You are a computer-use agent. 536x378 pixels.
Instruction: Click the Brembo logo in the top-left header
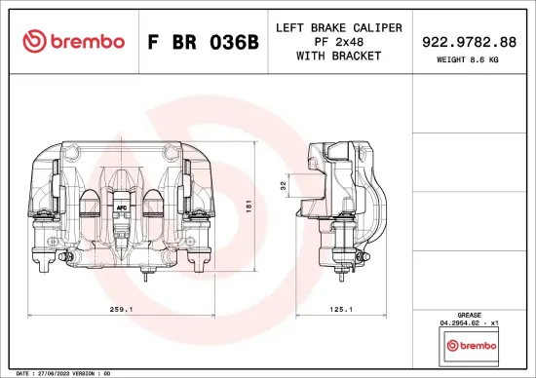pos(73,41)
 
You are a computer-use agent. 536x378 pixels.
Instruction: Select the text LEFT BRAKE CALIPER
pos(336,27)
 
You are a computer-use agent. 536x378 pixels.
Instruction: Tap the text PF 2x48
pos(336,41)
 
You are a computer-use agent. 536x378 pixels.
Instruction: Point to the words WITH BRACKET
pos(336,56)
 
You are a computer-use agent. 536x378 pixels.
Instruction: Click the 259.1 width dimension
pos(122,309)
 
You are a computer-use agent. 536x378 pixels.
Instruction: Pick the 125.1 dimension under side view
pos(340,309)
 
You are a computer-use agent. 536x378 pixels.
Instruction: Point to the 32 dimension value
pos(284,184)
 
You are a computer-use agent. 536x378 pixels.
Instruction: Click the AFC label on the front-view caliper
pos(122,208)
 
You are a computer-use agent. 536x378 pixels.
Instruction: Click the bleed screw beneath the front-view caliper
pos(144,276)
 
